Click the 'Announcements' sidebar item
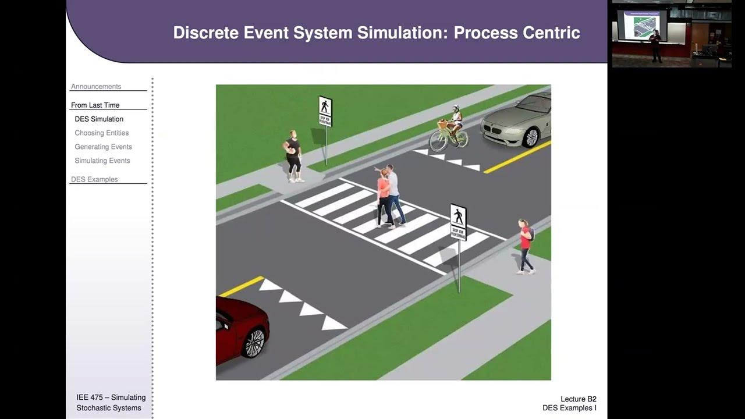coord(96,87)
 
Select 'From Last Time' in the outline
coord(95,105)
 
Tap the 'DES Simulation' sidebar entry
coord(99,119)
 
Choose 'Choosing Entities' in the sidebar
coord(101,133)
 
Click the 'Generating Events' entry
coord(103,147)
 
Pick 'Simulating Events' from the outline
coord(102,161)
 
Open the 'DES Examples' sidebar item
coord(94,180)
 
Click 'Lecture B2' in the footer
coord(578,399)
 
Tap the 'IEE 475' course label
coord(90,397)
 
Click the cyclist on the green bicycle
coord(450,129)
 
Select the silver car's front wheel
coord(530,137)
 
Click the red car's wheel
coord(253,342)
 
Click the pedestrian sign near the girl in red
coord(458,222)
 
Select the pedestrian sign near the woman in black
coord(325,111)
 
